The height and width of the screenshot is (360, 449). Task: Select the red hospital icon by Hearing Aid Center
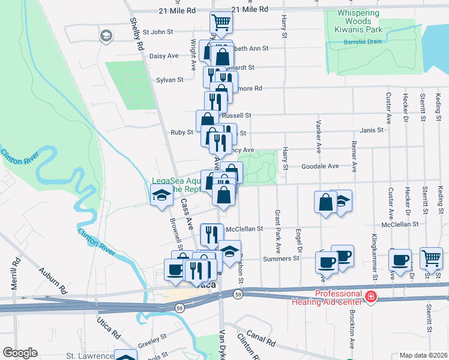tap(371, 296)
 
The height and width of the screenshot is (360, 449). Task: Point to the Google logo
tap(20, 353)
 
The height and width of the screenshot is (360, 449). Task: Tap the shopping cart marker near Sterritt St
tap(431, 258)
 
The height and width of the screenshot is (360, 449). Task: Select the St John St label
tap(157, 31)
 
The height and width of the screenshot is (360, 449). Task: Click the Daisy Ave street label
tap(164, 56)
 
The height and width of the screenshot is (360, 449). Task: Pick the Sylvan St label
tap(169, 79)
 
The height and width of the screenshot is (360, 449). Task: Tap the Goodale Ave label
tap(320, 166)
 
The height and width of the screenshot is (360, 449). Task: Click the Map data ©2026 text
tap(424, 355)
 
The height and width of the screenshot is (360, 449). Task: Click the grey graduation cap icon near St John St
tap(107, 36)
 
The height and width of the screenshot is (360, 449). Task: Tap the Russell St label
tap(237, 115)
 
